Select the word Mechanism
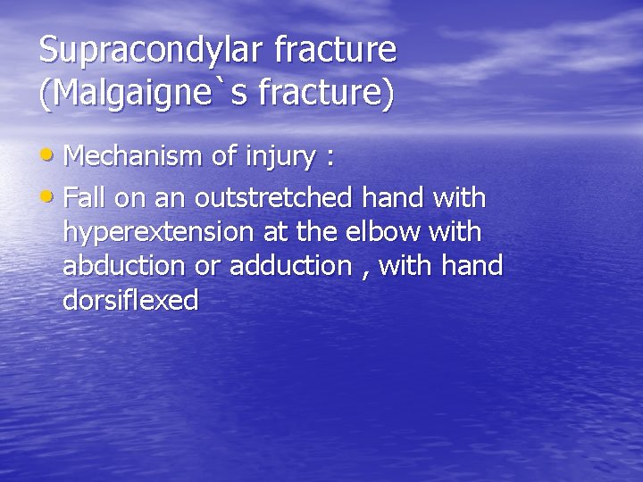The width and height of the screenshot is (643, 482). click(134, 157)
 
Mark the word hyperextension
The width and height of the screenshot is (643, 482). click(158, 232)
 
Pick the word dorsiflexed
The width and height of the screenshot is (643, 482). click(130, 301)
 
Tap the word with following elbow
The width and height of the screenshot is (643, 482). click(455, 231)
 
